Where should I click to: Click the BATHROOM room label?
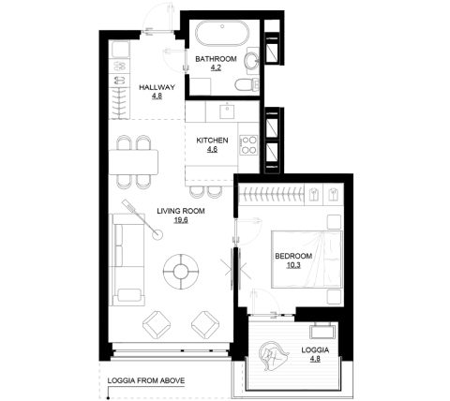coord(216,59)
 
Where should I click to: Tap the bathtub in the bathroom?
coord(222,33)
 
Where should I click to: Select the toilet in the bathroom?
coord(247,84)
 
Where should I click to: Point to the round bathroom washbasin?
coord(251,60)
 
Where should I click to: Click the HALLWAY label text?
coord(157,87)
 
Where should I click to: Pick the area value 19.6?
coord(181,220)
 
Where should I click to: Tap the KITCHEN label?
coord(212,141)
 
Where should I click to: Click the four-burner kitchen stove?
coord(248,145)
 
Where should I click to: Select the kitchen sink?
coord(227,111)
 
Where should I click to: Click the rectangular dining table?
coord(133,162)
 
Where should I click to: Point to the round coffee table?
coord(181,272)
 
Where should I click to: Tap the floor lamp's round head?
coord(157,234)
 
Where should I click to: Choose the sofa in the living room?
coord(127,260)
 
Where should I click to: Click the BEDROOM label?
coord(293,256)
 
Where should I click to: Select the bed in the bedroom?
coord(307,260)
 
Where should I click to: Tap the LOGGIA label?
coord(315,350)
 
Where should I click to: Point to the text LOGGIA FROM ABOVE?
coord(146,380)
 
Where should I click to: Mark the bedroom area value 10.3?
coord(293,265)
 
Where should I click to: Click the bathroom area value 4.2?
coord(216,67)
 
